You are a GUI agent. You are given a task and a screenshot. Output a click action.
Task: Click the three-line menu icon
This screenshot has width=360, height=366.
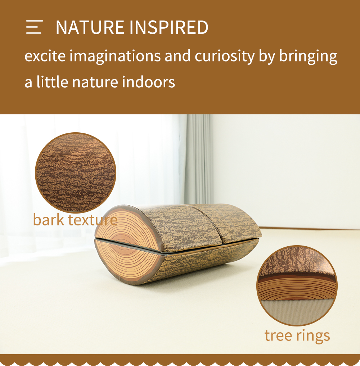point(34,27)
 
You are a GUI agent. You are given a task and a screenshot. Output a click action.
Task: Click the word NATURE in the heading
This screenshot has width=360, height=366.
point(90,27)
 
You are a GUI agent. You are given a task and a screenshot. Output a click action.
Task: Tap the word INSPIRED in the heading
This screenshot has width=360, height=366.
point(168,27)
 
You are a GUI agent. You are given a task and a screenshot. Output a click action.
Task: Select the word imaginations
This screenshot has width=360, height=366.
point(115,56)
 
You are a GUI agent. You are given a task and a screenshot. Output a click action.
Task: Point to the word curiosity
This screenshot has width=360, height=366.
point(224,56)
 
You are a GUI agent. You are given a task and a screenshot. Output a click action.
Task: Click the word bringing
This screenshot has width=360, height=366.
point(308,56)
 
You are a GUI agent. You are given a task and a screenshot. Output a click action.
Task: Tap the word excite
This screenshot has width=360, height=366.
point(45,56)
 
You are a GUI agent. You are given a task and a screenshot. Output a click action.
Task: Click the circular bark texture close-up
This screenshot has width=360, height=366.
point(76,173)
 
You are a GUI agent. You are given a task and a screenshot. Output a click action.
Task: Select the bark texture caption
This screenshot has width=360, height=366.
point(75,220)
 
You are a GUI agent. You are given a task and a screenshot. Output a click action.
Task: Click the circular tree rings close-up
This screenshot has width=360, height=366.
point(297,285)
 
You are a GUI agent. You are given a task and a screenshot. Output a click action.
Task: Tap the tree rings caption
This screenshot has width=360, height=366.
point(297,336)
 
